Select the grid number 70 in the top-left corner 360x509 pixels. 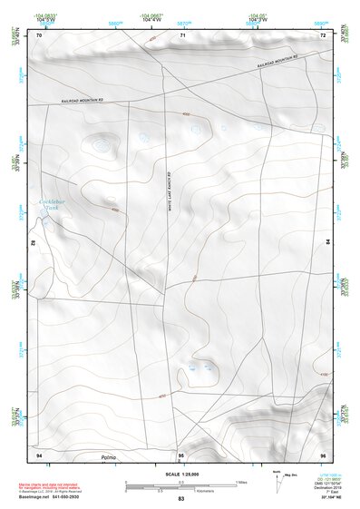(39, 35)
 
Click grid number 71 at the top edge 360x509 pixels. (182, 35)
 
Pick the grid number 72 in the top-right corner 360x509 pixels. (323, 35)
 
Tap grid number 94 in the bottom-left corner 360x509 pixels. (39, 454)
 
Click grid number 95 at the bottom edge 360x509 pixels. (181, 454)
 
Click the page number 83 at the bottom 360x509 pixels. (181, 500)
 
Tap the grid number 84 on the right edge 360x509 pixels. (327, 243)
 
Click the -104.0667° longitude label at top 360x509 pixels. (151, 15)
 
